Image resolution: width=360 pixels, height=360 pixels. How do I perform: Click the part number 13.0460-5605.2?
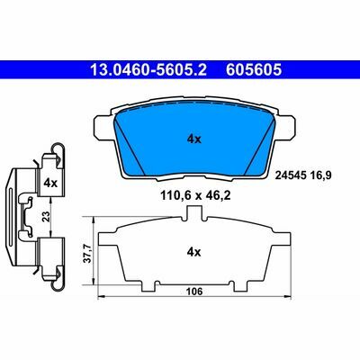148,70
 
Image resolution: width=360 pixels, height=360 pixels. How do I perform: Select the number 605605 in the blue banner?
254,70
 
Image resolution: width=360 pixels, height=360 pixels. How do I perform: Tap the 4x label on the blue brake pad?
194,139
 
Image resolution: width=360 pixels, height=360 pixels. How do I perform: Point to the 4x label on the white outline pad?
193,252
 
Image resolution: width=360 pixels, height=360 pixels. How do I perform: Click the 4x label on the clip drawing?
50,183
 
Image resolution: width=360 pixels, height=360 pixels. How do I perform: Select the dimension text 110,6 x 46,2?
195,196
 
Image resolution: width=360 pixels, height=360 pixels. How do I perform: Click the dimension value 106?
194,291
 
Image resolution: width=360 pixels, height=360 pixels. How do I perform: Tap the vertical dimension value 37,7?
86,253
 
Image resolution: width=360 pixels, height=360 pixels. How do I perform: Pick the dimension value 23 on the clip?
46,216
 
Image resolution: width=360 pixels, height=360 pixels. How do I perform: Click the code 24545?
291,175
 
